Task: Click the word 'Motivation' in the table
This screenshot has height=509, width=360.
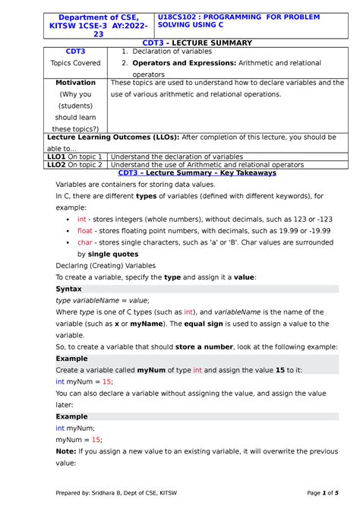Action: (x=75, y=82)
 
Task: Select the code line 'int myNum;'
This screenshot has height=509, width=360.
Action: (x=77, y=428)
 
